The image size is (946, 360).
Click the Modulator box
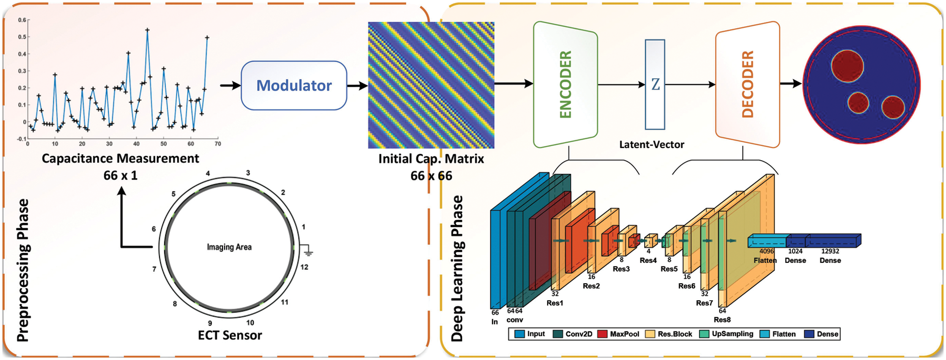294,85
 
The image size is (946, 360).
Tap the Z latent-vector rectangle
655,84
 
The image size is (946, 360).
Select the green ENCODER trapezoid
565,84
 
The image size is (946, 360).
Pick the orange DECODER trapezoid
747,84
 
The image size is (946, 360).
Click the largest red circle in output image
847,66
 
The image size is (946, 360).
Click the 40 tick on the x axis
136,144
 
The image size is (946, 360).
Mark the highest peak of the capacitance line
147,30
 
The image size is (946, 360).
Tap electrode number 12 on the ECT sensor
304,267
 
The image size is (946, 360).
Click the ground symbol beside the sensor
308,251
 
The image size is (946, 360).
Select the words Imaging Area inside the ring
229,247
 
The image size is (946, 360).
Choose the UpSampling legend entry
726,334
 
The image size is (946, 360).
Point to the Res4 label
648,261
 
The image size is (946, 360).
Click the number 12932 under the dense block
830,251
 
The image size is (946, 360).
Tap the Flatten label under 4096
765,261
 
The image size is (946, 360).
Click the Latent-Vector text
652,145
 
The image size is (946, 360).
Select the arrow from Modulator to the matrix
358,86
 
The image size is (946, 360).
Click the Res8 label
722,320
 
